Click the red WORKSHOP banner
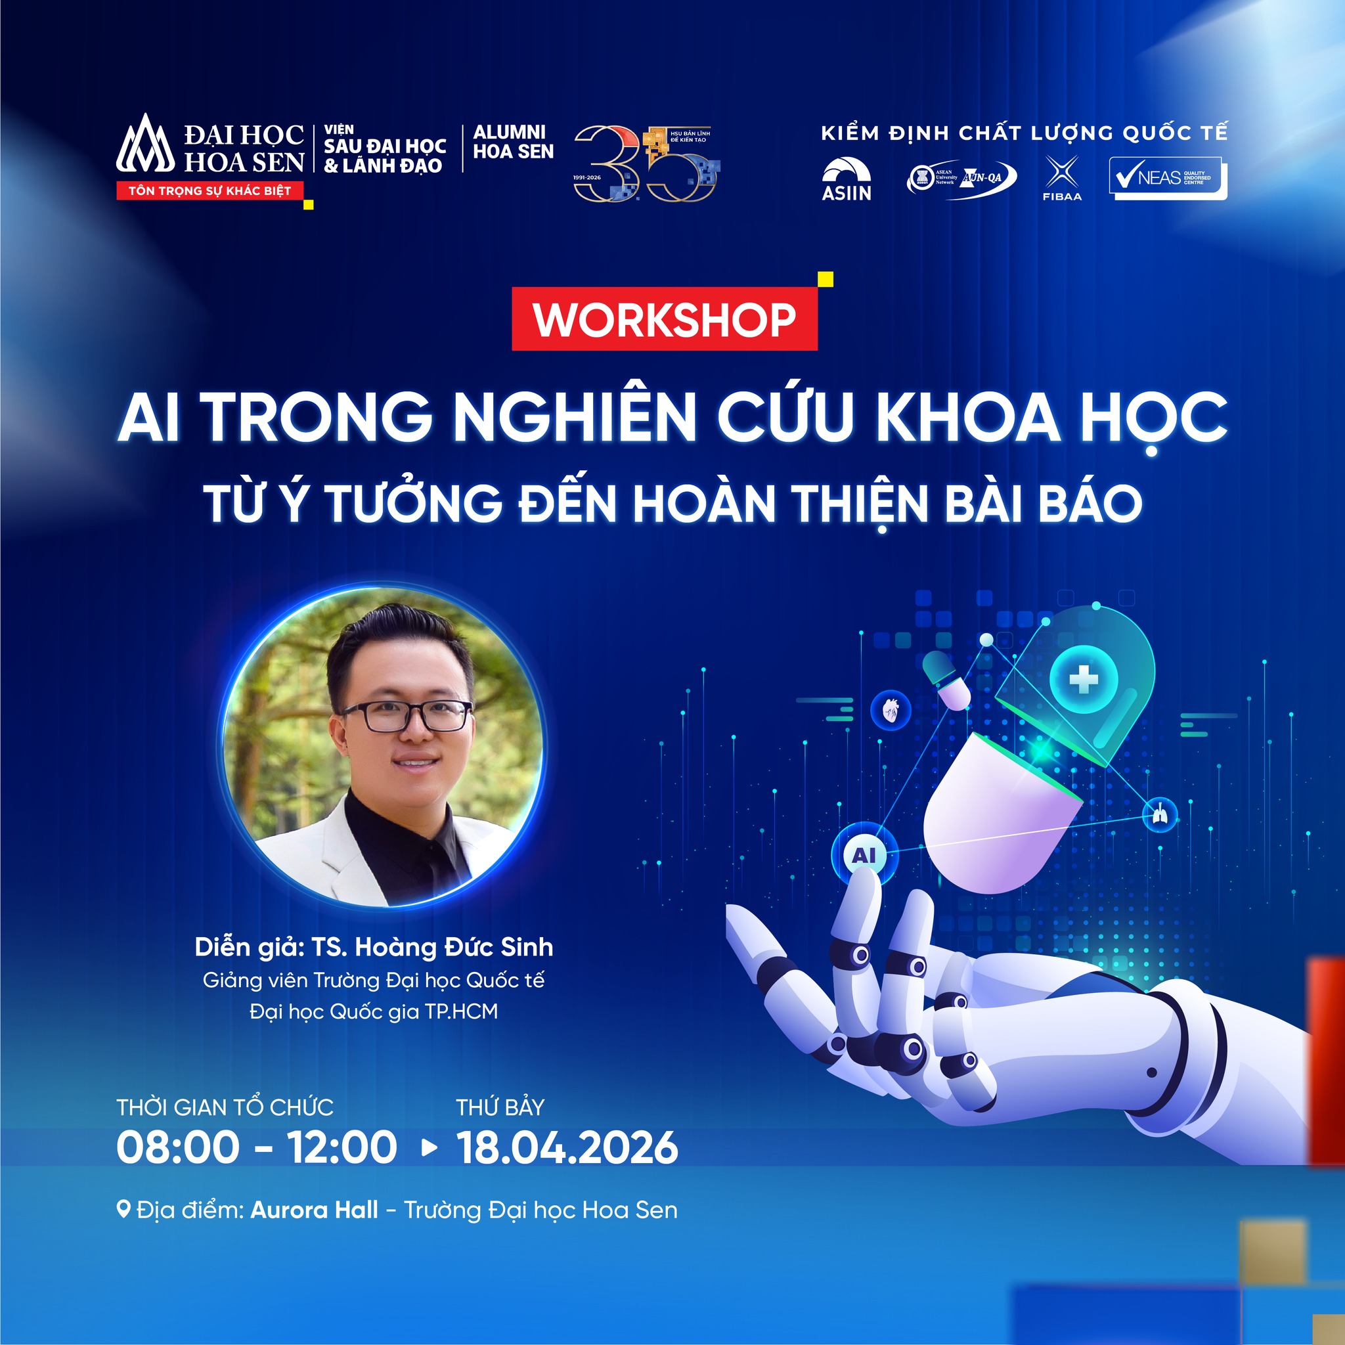point(664,319)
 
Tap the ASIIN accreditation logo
point(846,179)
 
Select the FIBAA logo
point(1062,178)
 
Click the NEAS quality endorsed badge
point(1168,178)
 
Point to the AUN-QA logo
point(961,178)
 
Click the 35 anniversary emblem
point(646,164)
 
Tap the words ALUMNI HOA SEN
point(513,142)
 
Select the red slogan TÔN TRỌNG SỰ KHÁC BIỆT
point(209,190)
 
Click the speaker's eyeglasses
point(406,717)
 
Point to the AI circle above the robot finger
point(864,854)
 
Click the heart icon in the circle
point(891,711)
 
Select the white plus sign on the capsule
point(1082,677)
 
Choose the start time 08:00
point(177,1147)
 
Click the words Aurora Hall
point(314,1209)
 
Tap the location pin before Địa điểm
point(123,1209)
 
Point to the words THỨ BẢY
point(500,1107)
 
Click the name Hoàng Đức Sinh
point(454,947)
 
